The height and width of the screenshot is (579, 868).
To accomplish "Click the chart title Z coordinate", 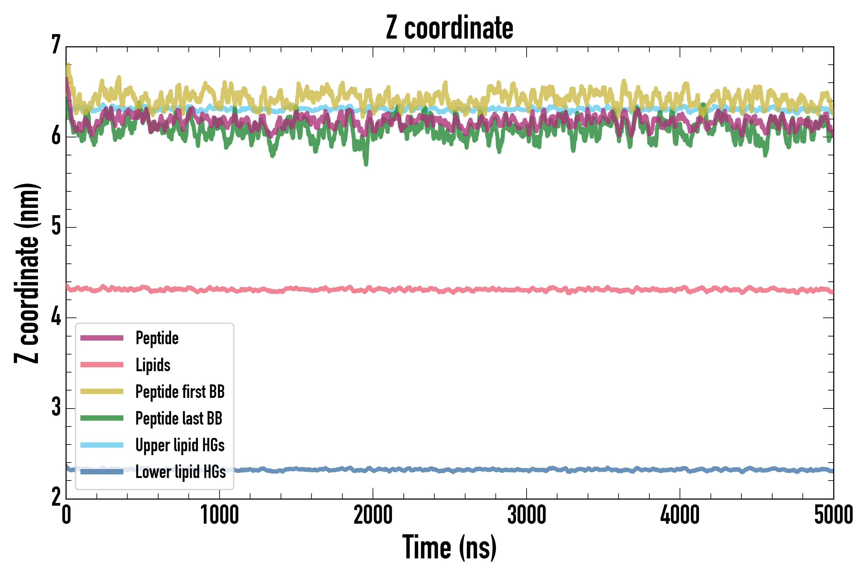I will click(449, 28).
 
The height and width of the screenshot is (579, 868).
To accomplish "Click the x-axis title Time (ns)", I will click(449, 547).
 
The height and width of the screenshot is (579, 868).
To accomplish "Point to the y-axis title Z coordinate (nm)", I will click(27, 273).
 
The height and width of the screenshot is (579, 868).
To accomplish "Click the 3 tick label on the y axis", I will click(56, 407).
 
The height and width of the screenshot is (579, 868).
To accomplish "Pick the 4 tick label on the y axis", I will click(56, 317).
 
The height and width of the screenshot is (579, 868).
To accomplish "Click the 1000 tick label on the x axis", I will click(220, 515).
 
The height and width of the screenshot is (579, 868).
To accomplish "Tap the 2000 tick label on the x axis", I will click(373, 515).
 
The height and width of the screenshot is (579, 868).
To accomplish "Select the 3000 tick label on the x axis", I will click(526, 515).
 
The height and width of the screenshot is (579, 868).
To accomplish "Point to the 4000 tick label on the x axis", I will click(680, 515).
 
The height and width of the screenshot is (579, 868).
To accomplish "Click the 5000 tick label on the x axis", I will click(833, 515).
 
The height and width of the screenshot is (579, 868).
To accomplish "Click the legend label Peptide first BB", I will click(180, 391).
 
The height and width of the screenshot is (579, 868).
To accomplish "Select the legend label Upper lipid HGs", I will click(180, 445).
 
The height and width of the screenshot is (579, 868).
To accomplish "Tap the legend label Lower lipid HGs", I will click(180, 472).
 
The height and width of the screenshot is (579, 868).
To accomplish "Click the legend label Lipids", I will click(153, 365).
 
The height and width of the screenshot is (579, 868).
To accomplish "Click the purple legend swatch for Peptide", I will click(102, 338).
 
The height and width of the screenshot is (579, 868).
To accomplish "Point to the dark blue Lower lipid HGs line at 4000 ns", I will click(680, 470).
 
